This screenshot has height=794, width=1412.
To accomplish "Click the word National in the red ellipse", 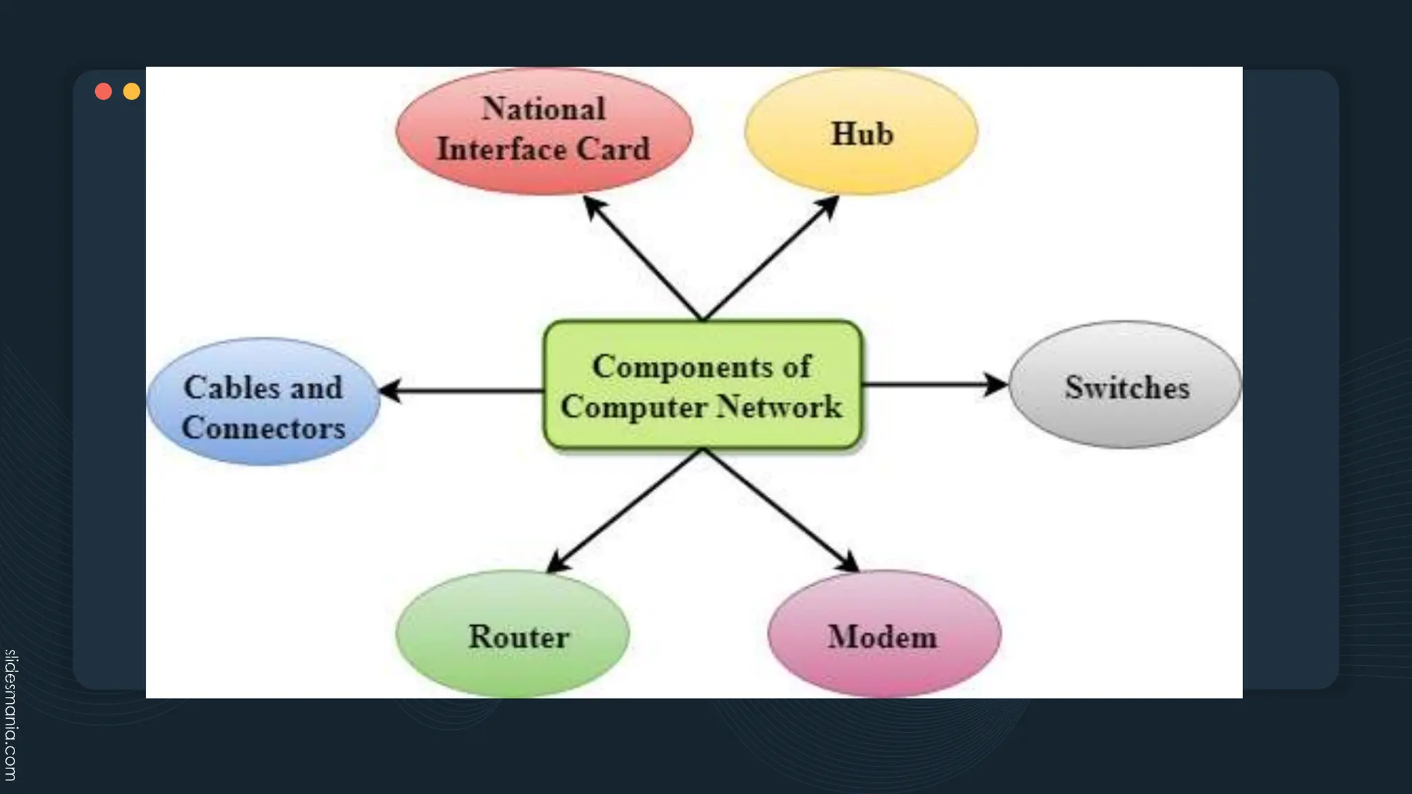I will coord(543,109).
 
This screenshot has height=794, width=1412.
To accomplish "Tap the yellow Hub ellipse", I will coord(861,132).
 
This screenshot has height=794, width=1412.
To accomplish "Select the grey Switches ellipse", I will coord(1126,386).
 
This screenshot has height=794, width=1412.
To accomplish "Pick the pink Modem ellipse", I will coord(883,635).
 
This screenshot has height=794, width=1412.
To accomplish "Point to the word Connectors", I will coord(263,428).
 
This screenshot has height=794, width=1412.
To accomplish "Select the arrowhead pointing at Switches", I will coord(997,385).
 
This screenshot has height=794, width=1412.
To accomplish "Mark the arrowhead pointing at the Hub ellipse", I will coord(827,206).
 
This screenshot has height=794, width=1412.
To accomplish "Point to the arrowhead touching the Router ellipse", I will coord(558,562).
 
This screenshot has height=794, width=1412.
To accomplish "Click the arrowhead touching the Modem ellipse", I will coord(849,562).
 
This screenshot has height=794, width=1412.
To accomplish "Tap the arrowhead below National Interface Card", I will coord(594,206).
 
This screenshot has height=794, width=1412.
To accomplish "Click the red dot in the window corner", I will coord(103,92).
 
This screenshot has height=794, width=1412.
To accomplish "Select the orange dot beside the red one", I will coord(132,92).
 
